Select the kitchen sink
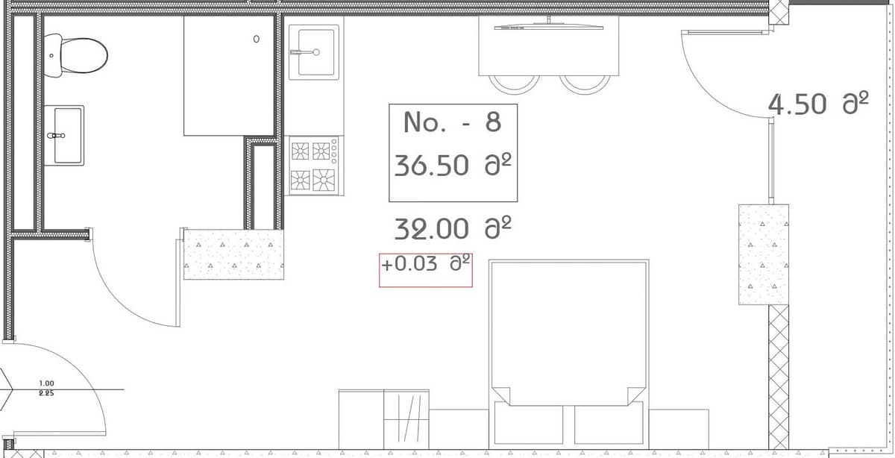point(314,51)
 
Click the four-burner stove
point(313,165)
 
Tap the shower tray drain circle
point(257,39)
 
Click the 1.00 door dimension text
point(45,383)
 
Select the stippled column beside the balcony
point(763,254)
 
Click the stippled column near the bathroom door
point(233,254)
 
